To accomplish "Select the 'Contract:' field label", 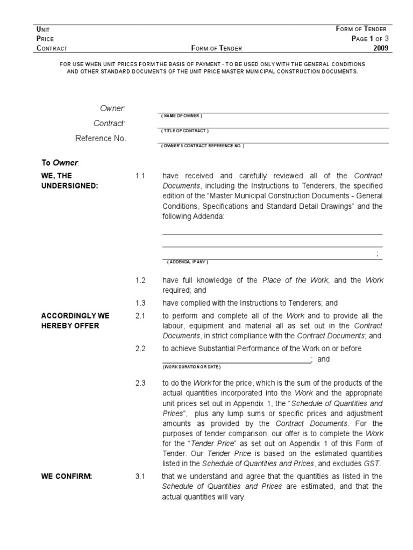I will pyautogui.click(x=110, y=124).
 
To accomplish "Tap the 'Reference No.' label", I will pyautogui.click(x=101, y=139).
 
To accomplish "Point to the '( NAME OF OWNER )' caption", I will pyautogui.click(x=181, y=116).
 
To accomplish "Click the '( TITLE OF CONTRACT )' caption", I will pyautogui.click(x=184, y=131).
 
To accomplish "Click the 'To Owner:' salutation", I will pyautogui.click(x=60, y=162).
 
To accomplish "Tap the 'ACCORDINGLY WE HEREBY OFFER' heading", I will pyautogui.click(x=70, y=321).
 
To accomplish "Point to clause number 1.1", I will pyautogui.click(x=141, y=176).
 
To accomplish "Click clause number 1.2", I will pyautogui.click(x=141, y=280).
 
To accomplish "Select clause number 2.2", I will pyautogui.click(x=141, y=349).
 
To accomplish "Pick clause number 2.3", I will pyautogui.click(x=141, y=383).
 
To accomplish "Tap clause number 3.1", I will pyautogui.click(x=141, y=476).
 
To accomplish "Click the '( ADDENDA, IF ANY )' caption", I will pyautogui.click(x=187, y=262).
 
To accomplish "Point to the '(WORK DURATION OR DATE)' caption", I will pyautogui.click(x=191, y=366).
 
